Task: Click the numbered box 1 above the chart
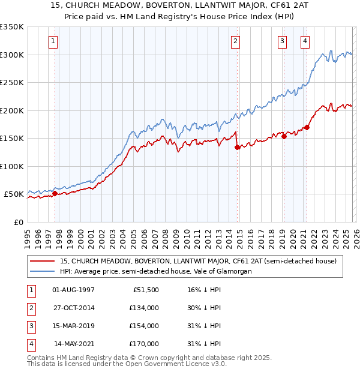click(54, 41)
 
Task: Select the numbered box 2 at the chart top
click(236, 41)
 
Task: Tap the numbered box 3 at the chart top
click(282, 41)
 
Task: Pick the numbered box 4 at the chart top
click(305, 41)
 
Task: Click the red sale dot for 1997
click(55, 193)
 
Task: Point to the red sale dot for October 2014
click(237, 147)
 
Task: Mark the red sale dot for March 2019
click(284, 136)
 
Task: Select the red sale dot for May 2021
click(307, 127)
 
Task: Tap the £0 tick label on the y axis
click(18, 222)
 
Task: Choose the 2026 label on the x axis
click(355, 233)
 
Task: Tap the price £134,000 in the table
click(143, 308)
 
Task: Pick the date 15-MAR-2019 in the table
click(74, 326)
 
